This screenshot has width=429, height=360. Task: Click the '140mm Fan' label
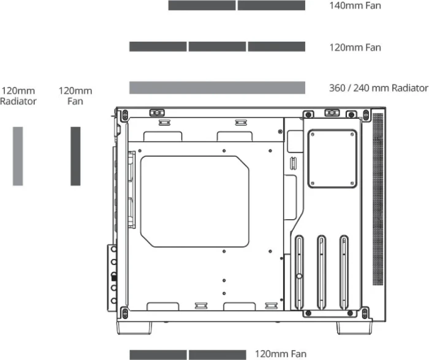[x=355, y=6]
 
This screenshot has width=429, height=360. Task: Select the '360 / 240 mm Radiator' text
[x=379, y=88]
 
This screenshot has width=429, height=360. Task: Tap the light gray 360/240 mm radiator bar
[x=217, y=88]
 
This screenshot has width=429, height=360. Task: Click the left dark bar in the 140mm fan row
[x=202, y=6]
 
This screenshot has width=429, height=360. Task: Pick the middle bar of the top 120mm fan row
[x=217, y=47]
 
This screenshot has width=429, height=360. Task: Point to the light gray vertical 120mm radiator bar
[x=18, y=156]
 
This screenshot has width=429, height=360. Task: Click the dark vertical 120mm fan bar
[x=75, y=156]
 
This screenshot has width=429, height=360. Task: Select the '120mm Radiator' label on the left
[x=18, y=96]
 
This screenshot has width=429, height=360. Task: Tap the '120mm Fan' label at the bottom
[x=281, y=354]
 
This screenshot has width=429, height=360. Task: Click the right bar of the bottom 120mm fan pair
[x=217, y=355]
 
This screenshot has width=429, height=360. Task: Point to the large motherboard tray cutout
[x=194, y=201]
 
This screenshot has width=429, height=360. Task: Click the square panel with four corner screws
[x=332, y=159]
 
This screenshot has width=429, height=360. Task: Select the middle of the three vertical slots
[x=321, y=272]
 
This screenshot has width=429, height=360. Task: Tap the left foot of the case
[x=134, y=328]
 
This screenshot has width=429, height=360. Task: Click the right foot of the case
[x=354, y=328]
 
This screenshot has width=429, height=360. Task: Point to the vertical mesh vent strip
[x=378, y=199]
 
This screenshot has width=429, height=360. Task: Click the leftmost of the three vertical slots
[x=299, y=272]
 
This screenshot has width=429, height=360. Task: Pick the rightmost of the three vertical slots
[x=344, y=272]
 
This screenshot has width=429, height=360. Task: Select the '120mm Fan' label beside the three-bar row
[x=355, y=48]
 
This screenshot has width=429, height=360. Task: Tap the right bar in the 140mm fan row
[x=271, y=6]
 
